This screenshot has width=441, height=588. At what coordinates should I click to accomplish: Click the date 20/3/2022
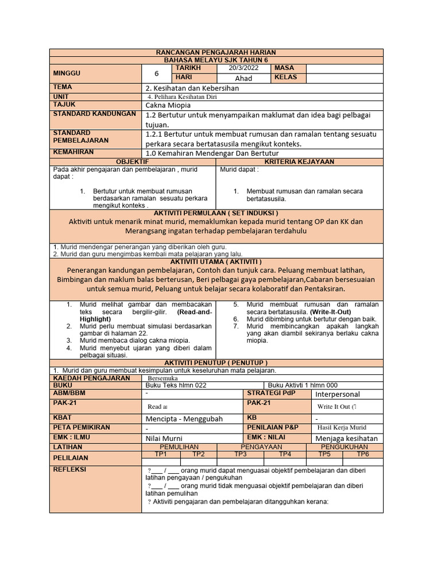pyautogui.click(x=243, y=68)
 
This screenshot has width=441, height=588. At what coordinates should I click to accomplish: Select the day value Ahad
pyautogui.click(x=243, y=78)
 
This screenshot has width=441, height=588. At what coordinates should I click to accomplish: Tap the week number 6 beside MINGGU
pyautogui.click(x=156, y=73)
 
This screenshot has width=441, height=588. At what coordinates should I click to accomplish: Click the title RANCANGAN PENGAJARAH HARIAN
pyautogui.click(x=216, y=52)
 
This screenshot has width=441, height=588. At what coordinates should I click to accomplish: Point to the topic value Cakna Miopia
pyautogui.click(x=168, y=106)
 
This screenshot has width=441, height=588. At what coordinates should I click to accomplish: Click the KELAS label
pyautogui.click(x=286, y=77)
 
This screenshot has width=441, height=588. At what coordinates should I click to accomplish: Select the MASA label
pyautogui.click(x=284, y=68)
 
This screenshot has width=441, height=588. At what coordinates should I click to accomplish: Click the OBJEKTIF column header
pyautogui.click(x=133, y=163)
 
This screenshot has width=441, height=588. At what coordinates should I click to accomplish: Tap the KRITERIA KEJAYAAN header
pyautogui.click(x=299, y=163)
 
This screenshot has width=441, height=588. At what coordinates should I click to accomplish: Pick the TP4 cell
pyautogui.click(x=285, y=454)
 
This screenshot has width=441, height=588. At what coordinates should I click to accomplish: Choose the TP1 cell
pyautogui.click(x=161, y=454)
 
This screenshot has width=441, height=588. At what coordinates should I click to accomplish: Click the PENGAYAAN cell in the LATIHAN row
pyautogui.click(x=261, y=446)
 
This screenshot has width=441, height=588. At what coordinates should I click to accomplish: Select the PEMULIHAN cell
pyautogui.click(x=179, y=446)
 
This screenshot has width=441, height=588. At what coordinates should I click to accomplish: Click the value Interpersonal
pyautogui.click(x=338, y=394)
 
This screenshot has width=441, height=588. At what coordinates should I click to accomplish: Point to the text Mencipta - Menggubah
pyautogui.click(x=184, y=419)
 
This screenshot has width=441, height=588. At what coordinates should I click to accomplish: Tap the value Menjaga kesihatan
pyautogui.click(x=347, y=438)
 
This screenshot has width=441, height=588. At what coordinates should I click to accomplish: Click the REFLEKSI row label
pyautogui.click(x=69, y=469)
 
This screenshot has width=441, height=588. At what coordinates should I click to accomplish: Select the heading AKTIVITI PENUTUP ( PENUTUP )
pyautogui.click(x=216, y=363)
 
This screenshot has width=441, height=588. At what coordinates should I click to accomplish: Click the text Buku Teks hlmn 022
pyautogui.click(x=176, y=385)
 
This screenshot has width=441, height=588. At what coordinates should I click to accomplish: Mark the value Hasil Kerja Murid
pyautogui.click(x=342, y=428)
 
